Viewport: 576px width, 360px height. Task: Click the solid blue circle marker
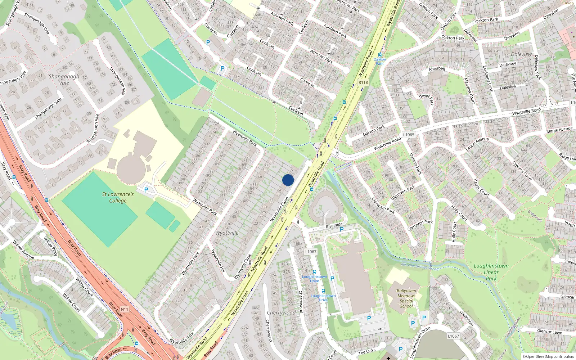click(288, 180)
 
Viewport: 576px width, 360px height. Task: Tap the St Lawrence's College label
click(118, 197)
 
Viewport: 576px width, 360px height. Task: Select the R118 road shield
click(363, 82)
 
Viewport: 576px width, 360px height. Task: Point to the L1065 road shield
click(409, 135)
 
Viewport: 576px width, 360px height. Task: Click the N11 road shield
click(124, 309)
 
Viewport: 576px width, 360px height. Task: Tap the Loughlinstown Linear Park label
click(491, 272)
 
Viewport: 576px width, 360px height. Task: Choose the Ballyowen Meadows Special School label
click(406, 298)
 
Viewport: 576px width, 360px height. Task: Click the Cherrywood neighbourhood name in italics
click(281, 312)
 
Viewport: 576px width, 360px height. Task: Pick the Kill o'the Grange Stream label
click(420, 266)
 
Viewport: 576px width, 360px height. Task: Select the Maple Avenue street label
click(559, 129)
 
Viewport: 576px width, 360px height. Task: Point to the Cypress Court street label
click(522, 171)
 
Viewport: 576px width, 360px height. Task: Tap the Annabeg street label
click(437, 68)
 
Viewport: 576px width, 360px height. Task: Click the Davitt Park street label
click(427, 99)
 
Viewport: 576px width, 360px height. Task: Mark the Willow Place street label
click(50, 246)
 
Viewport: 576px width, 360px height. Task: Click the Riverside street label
click(334, 225)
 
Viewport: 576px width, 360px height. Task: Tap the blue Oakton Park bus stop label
click(379, 61)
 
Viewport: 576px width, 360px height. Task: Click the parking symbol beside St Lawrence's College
click(146, 189)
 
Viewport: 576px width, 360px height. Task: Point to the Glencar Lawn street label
click(549, 332)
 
